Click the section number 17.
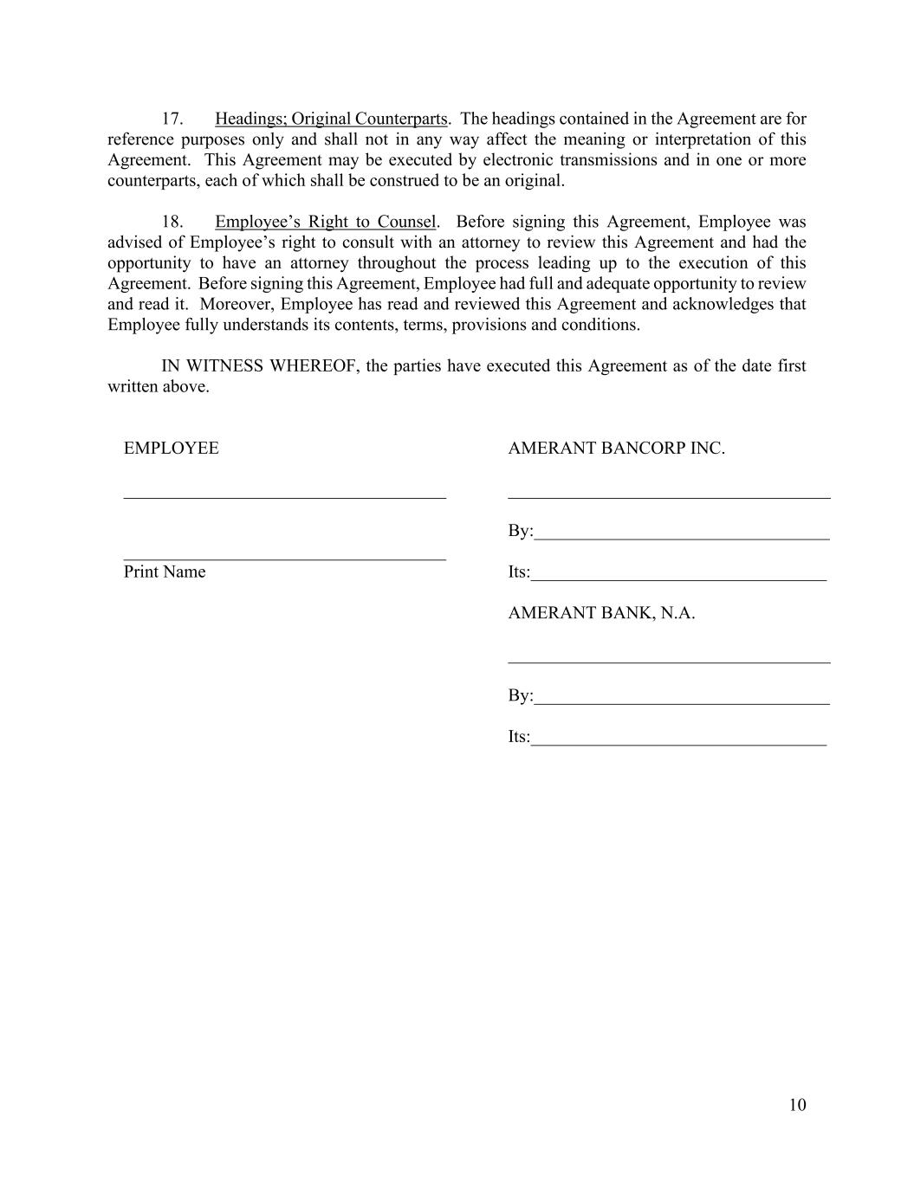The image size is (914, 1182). pyautogui.click(x=172, y=119)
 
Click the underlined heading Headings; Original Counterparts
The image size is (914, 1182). pyautogui.click(x=331, y=119)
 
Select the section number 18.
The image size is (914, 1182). pyautogui.click(x=172, y=222)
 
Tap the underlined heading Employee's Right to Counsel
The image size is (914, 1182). pyautogui.click(x=325, y=222)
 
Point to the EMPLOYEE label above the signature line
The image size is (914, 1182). pyautogui.click(x=172, y=448)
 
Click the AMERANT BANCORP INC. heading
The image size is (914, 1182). pyautogui.click(x=616, y=448)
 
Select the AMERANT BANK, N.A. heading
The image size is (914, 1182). pyautogui.click(x=601, y=612)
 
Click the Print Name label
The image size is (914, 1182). pyautogui.click(x=165, y=572)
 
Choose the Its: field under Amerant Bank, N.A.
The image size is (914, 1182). pyautogui.click(x=678, y=738)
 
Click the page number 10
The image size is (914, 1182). pyautogui.click(x=797, y=1104)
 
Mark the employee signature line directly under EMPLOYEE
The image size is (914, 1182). pyautogui.click(x=285, y=497)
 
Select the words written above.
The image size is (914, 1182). pyautogui.click(x=159, y=386)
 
